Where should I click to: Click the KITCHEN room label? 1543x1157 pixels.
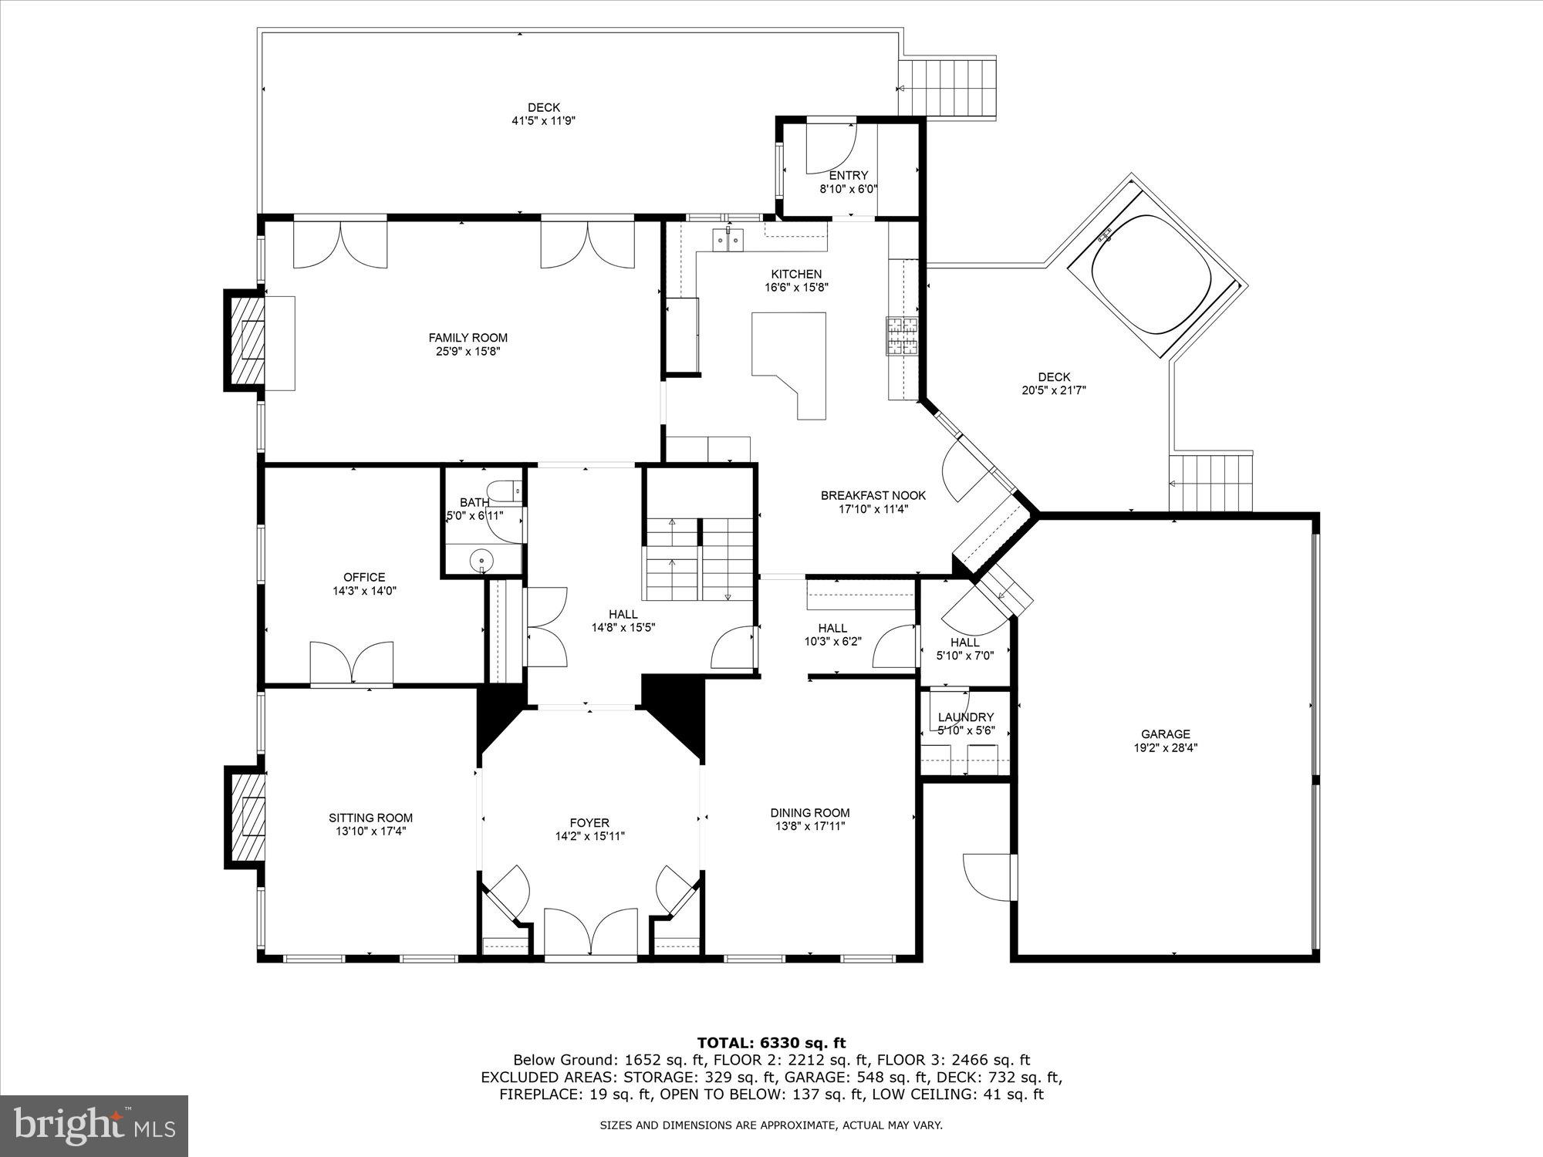(x=796, y=274)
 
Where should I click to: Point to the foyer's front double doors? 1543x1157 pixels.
(x=591, y=933)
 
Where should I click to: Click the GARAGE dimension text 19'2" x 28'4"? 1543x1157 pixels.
(x=1165, y=747)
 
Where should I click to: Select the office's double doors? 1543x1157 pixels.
(x=352, y=662)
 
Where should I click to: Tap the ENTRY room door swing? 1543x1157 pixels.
(x=830, y=148)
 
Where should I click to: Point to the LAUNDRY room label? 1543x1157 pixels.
(x=965, y=717)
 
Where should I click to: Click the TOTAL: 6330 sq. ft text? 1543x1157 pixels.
(x=771, y=1043)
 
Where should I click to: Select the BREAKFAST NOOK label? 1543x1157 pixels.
(x=873, y=495)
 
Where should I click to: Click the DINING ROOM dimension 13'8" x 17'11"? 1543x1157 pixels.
(x=810, y=826)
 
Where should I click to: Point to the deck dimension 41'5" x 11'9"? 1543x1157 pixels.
(x=543, y=121)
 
